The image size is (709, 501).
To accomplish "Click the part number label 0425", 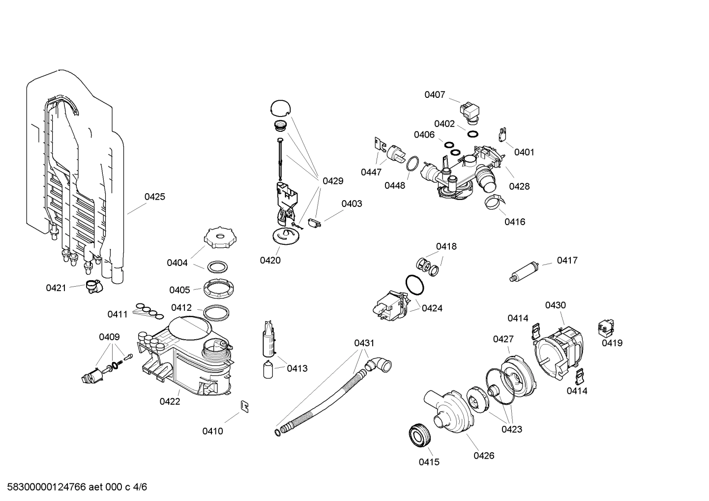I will tap(154, 197).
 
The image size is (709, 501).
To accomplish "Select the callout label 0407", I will tap(435, 95).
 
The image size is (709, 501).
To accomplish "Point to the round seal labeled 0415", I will tap(420, 436).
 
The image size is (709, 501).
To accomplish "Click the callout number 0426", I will tap(484, 456).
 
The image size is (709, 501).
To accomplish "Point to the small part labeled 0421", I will tap(92, 286).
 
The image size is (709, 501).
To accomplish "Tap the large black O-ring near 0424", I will tap(415, 285).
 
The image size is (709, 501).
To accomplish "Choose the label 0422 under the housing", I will tap(170, 402).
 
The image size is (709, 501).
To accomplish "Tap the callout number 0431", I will tap(364, 343).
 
